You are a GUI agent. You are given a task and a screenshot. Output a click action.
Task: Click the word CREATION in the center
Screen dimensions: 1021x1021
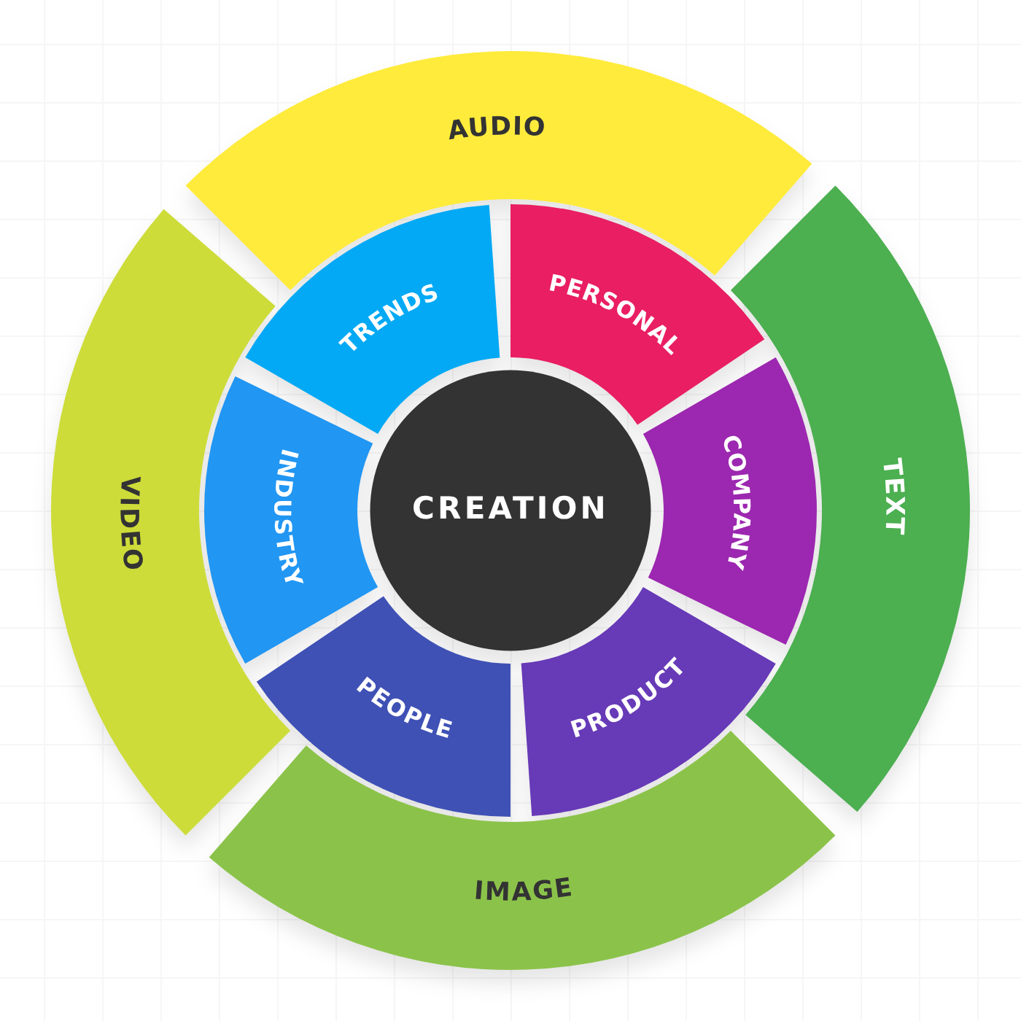[509, 508]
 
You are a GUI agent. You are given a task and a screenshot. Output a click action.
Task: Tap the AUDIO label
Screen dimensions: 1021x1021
[497, 127]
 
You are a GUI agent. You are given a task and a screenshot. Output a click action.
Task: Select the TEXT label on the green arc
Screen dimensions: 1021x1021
[893, 497]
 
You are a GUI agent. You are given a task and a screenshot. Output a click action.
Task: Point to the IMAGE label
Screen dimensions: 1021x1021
[523, 890]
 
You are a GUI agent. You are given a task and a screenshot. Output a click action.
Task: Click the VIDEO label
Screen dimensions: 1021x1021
[131, 523]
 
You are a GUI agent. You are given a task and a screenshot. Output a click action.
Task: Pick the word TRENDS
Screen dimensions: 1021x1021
[389, 317]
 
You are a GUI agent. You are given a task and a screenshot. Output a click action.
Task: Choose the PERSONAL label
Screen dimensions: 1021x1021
[614, 314]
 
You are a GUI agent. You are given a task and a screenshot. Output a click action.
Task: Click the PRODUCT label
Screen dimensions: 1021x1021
[627, 698]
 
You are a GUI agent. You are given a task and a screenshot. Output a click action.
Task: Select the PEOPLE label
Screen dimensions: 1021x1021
[404, 707]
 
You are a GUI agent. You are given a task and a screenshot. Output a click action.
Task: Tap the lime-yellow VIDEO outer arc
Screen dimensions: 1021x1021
[146, 656]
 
